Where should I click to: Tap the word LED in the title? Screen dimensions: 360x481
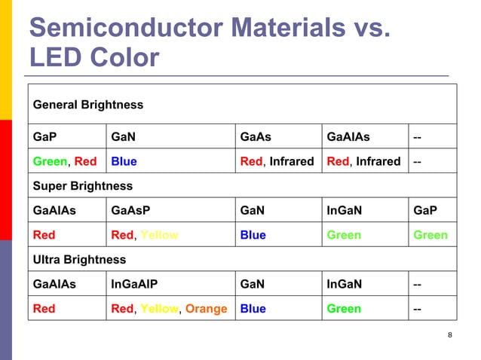click(x=57, y=59)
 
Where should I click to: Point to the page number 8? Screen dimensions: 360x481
click(x=450, y=335)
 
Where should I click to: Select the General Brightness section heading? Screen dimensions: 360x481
click(x=87, y=105)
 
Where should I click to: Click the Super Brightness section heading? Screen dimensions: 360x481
click(x=82, y=185)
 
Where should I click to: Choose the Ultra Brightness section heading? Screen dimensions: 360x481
click(x=79, y=259)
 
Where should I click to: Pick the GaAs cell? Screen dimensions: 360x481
click(x=254, y=137)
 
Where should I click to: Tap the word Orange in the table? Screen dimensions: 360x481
click(x=206, y=309)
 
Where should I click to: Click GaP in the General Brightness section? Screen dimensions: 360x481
click(x=44, y=137)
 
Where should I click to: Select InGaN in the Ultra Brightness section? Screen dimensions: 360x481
click(x=344, y=284)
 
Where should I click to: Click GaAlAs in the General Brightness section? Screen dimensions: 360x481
click(x=348, y=137)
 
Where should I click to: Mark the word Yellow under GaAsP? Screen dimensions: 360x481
click(x=160, y=235)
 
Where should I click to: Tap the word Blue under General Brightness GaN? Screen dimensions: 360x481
click(x=124, y=161)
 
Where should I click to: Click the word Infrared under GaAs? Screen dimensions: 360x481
click(x=291, y=161)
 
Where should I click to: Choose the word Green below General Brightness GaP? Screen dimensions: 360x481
click(x=50, y=161)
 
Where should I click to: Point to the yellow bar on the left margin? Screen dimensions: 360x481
click(x=5, y=60)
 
